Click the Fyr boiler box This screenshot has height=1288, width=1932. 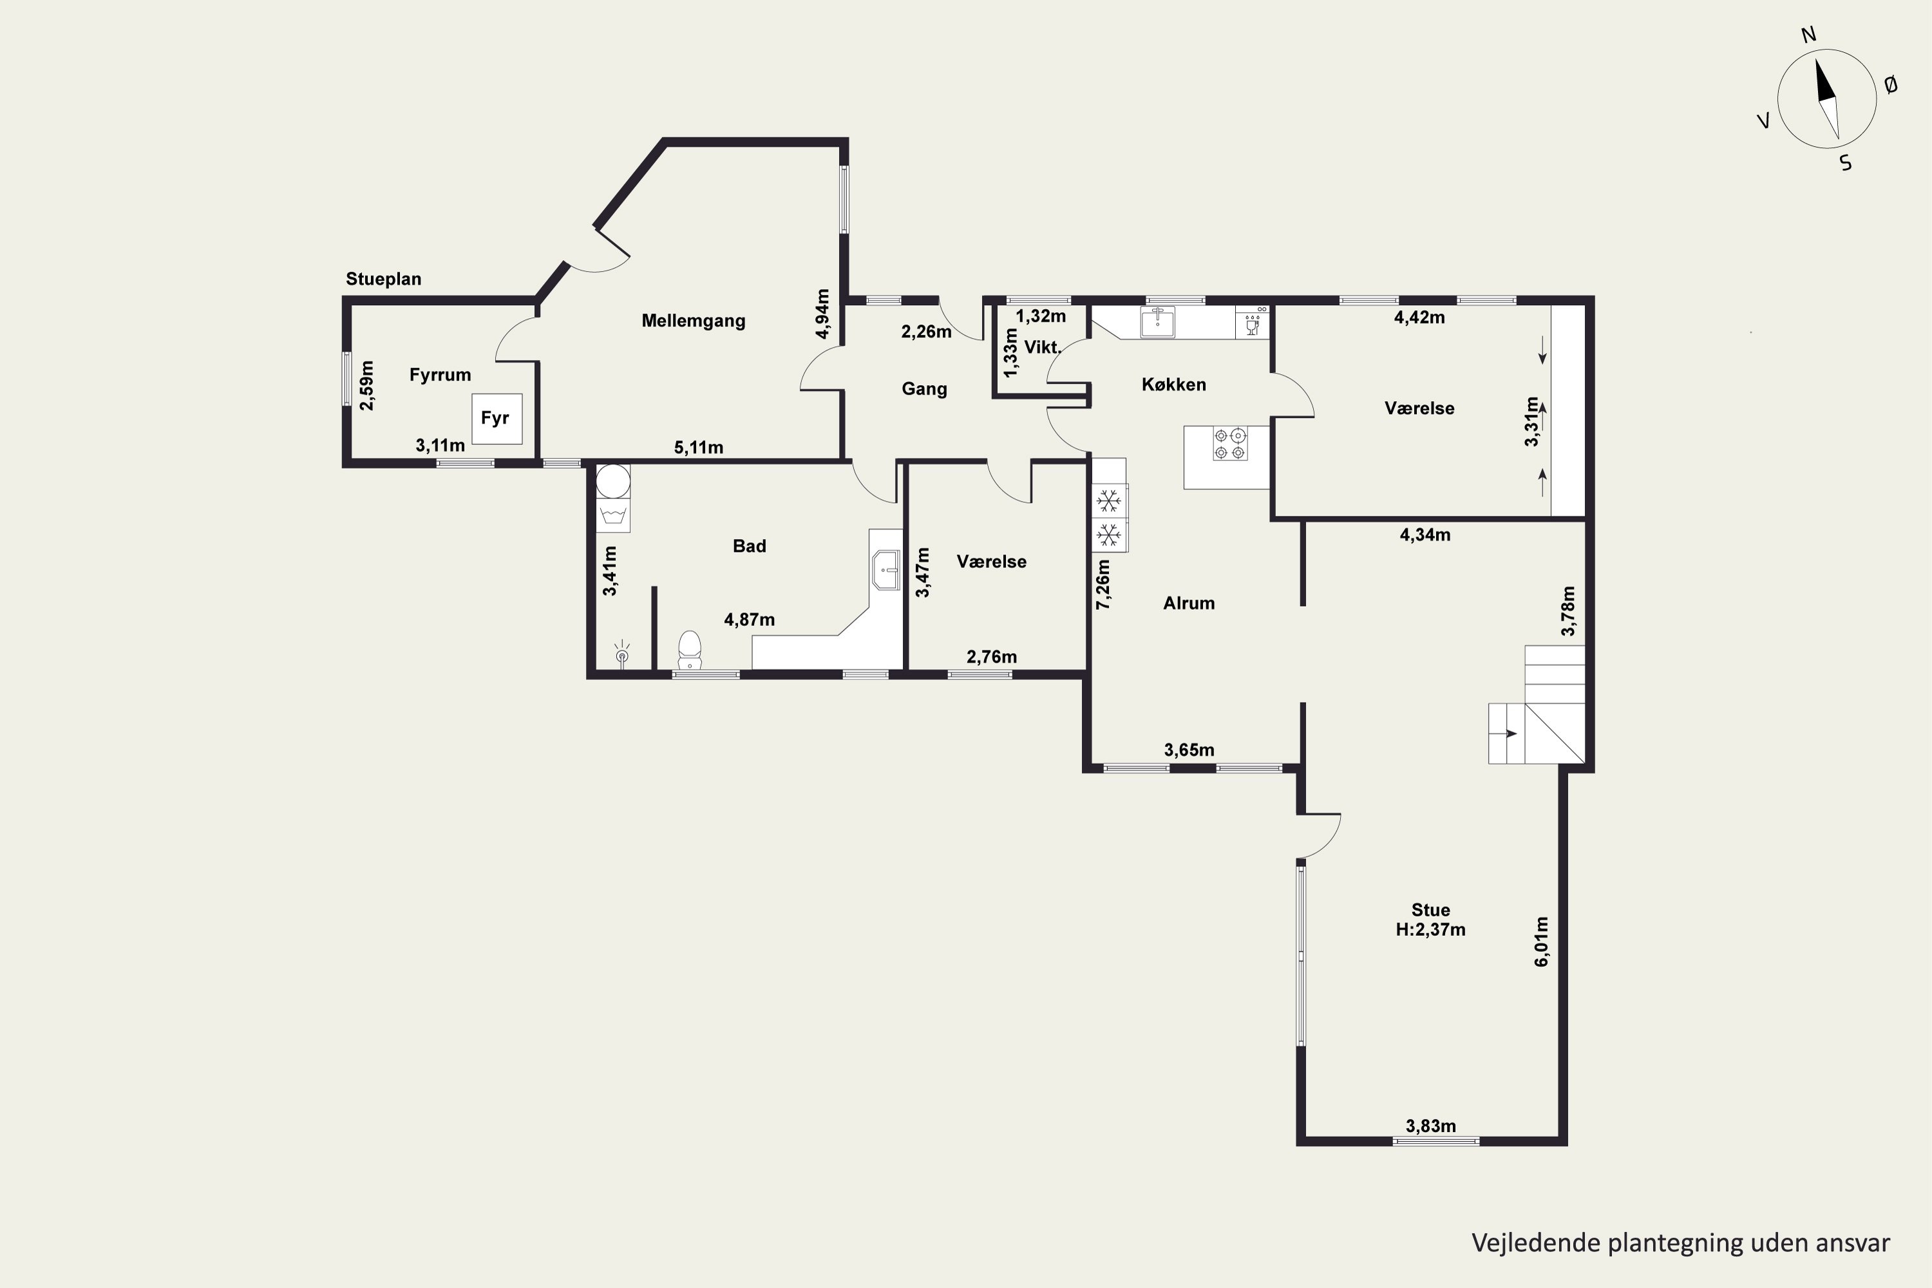pos(496,419)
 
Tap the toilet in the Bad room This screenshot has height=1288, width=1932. pos(690,650)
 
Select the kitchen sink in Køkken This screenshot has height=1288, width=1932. pos(1157,322)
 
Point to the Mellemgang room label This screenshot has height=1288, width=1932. pos(694,321)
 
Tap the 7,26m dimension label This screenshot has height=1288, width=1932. pos(1103,584)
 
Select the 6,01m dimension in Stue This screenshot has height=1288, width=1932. pos(1542,942)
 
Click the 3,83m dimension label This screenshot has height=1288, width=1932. pos(1431,1126)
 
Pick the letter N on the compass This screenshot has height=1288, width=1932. pos(1808,35)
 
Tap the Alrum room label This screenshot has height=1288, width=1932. pos(1189,603)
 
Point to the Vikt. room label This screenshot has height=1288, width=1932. pos(1043,348)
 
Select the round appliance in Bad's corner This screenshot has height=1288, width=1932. pos(613,481)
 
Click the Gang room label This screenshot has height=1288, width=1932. pos(924,390)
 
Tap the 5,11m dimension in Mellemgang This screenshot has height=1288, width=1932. pos(698,448)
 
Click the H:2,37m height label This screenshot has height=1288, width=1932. pos(1430,930)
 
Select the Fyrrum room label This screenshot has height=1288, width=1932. pos(440,375)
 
